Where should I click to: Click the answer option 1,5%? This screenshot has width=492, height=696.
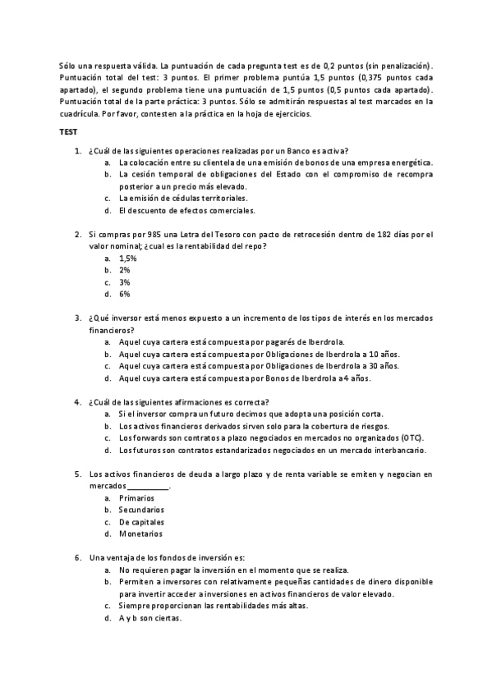(127, 258)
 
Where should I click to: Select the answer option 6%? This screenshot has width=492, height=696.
(124, 294)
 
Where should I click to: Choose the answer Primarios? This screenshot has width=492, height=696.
(136, 498)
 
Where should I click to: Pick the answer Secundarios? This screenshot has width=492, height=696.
(140, 510)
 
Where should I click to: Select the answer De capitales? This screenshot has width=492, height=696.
(140, 522)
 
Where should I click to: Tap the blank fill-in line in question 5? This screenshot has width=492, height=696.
(148, 487)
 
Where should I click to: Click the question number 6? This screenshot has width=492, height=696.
(77, 558)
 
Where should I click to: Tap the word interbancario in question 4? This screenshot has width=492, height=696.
(401, 451)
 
